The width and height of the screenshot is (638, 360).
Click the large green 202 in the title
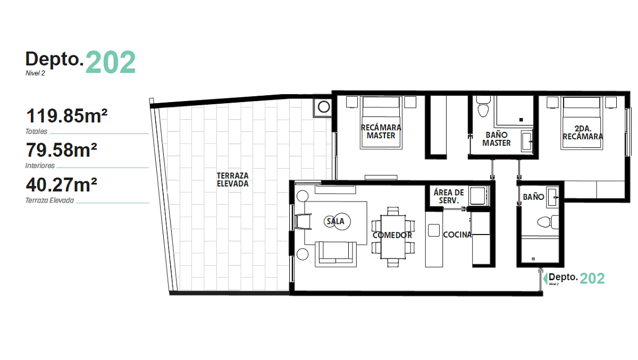click(x=111, y=62)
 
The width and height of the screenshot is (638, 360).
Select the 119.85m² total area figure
click(x=66, y=115)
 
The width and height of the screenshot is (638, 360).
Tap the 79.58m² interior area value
click(x=62, y=150)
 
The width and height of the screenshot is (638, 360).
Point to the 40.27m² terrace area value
click(x=62, y=185)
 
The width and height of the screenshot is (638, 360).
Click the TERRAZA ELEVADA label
click(x=233, y=180)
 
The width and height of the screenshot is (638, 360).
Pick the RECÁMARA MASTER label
click(x=381, y=131)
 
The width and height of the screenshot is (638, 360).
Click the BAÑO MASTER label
click(x=497, y=139)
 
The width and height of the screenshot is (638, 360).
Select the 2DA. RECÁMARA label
click(x=583, y=133)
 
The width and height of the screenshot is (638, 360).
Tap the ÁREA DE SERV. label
click(x=449, y=197)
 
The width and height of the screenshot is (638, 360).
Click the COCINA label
click(x=457, y=235)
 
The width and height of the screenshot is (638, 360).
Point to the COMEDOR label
click(x=392, y=235)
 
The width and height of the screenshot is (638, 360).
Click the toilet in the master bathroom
click(x=483, y=106)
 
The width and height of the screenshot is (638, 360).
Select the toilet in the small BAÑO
click(x=548, y=222)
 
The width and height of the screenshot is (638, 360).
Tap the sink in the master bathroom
click(x=527, y=141)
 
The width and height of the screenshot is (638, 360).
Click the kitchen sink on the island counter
click(x=434, y=230)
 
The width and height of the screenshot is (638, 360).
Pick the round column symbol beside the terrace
click(x=324, y=107)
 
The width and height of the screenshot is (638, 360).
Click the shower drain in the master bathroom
click(x=521, y=120)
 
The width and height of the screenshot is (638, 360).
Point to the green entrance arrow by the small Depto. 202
click(x=545, y=279)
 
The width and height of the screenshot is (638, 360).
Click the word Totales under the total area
click(x=36, y=131)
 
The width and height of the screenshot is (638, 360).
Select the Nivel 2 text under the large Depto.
click(x=35, y=73)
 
